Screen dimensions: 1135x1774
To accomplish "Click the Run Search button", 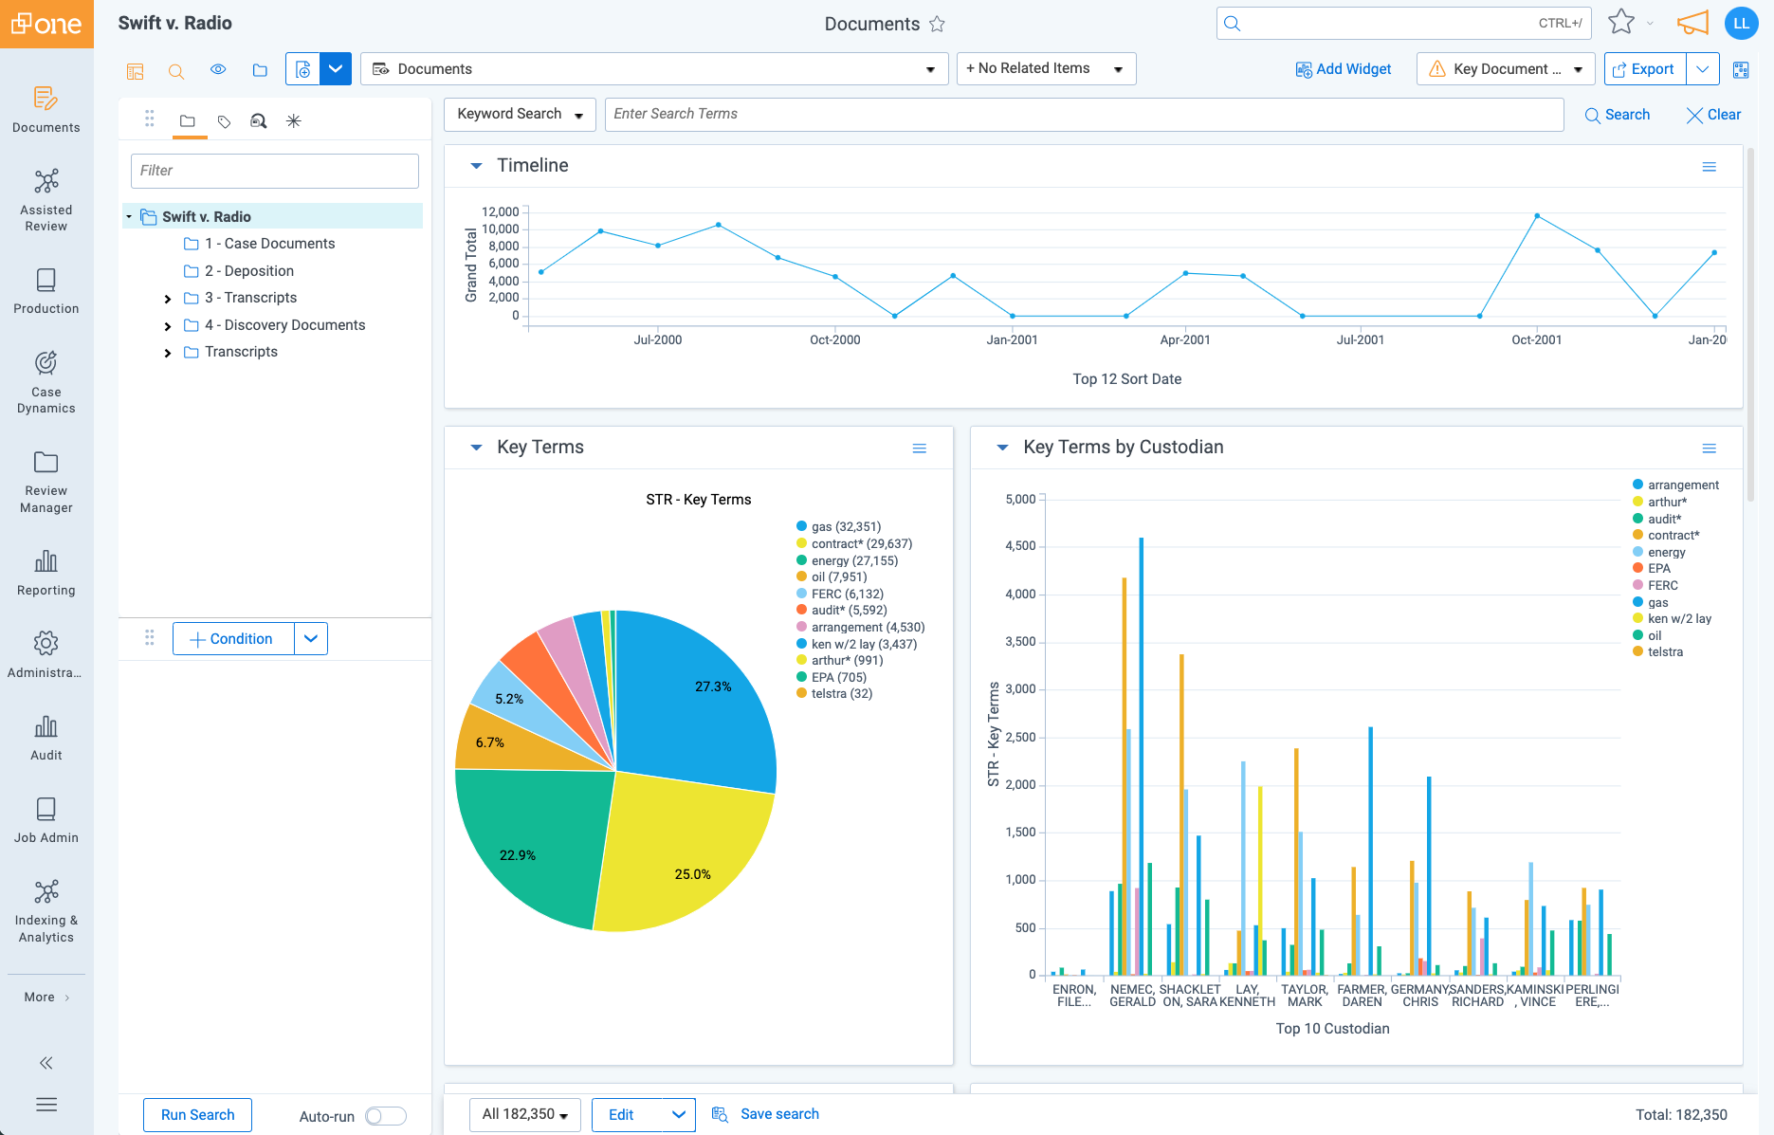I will pos(197,1115).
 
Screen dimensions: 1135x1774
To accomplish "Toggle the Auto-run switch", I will pos(386,1116).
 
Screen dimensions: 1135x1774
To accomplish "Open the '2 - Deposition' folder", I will pos(248,271).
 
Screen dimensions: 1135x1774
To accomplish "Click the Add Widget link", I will pos(1344,69).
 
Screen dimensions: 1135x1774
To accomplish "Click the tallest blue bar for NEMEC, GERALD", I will pos(1141,759).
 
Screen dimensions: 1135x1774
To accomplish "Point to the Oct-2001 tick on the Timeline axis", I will pos(1536,339).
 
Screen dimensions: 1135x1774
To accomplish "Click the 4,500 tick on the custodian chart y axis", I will pos(1020,546).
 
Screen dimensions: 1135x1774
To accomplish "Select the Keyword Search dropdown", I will pos(519,114).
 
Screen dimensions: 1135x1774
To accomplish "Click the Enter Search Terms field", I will pos(1083,114).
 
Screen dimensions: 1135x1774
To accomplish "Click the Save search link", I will pos(778,1114).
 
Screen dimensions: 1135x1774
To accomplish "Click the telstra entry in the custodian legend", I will pos(1664,652).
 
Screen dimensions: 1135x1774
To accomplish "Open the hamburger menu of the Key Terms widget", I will pos(919,449).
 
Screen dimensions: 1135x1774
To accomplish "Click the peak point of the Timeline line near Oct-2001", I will pos(1537,216).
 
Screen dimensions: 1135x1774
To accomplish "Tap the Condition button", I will pos(233,639).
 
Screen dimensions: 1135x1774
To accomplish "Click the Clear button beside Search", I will pos(1713,115).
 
